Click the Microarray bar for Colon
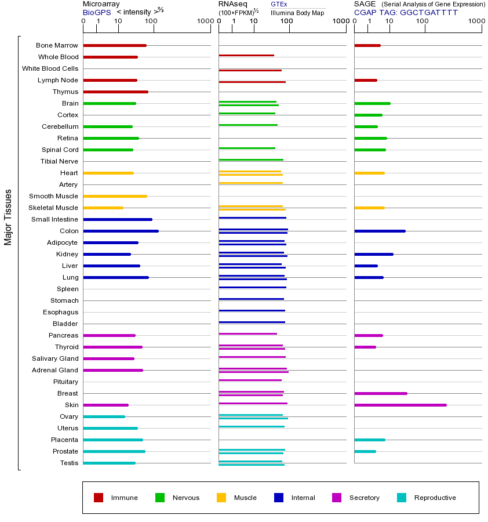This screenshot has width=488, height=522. tap(121, 231)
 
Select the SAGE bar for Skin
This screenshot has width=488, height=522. tap(400, 405)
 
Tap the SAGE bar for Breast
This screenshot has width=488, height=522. tap(380, 393)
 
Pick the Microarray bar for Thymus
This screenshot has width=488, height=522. tap(115, 92)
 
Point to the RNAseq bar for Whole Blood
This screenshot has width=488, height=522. tap(246, 56)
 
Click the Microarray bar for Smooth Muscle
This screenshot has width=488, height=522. tap(115, 196)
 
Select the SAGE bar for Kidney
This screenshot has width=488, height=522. tap(373, 254)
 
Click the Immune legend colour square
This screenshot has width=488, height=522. tap(99, 498)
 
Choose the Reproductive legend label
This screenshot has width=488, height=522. tap(435, 498)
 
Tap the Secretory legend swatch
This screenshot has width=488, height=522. tap(337, 498)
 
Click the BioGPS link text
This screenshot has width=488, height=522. tap(97, 12)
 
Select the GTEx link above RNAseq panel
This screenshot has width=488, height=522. tap(279, 4)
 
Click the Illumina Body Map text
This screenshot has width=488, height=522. tap(298, 12)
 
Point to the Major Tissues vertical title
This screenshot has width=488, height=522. tap(8, 217)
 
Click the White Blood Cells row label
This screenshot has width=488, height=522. tap(50, 68)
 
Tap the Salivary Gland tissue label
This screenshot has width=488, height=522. tap(55, 358)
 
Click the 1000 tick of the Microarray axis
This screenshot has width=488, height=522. tap(205, 21)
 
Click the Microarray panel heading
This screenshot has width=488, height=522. tap(101, 4)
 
